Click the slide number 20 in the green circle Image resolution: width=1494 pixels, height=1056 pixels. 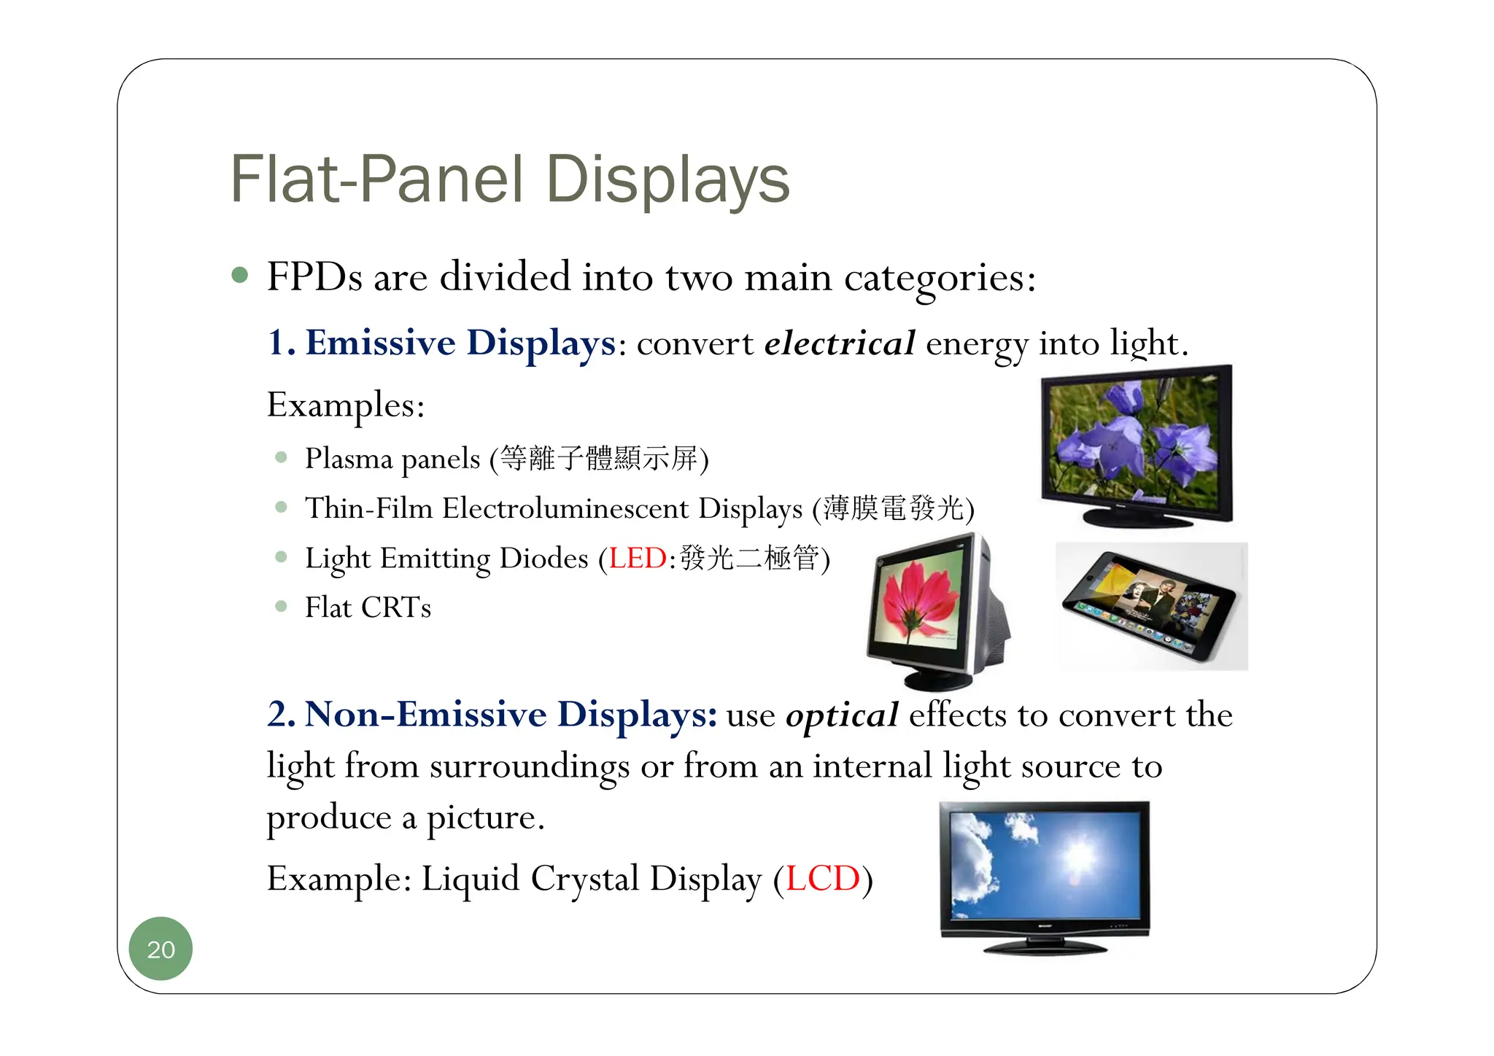(160, 950)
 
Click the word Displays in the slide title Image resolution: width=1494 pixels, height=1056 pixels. (667, 180)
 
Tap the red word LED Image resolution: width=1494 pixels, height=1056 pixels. (638, 559)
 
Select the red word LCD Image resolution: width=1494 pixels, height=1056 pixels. (823, 878)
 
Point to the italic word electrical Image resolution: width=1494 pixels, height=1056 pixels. (839, 343)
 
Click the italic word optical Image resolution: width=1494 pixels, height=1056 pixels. (842, 715)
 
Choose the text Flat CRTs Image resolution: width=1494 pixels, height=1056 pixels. (368, 607)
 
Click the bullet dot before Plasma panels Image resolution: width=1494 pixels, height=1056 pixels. (282, 458)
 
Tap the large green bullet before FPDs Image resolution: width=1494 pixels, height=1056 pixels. (239, 276)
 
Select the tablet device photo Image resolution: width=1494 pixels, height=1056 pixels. (1151, 605)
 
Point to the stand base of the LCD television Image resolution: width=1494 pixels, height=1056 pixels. (1045, 947)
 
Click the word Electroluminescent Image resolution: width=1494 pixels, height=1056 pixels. (565, 508)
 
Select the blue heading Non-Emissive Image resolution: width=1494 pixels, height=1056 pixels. (425, 714)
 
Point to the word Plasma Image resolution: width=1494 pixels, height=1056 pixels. (349, 459)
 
